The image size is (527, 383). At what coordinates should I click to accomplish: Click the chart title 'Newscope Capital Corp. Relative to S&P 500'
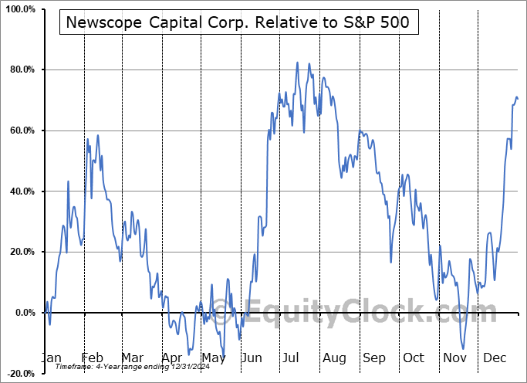(239, 23)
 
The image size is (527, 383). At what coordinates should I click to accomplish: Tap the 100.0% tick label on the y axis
(19, 9)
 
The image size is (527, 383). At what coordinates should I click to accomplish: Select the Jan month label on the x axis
(50, 358)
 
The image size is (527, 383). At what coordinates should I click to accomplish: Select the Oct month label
(414, 358)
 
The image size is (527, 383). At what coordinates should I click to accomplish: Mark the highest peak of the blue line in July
(297, 63)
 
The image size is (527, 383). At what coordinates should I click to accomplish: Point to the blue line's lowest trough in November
(464, 348)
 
